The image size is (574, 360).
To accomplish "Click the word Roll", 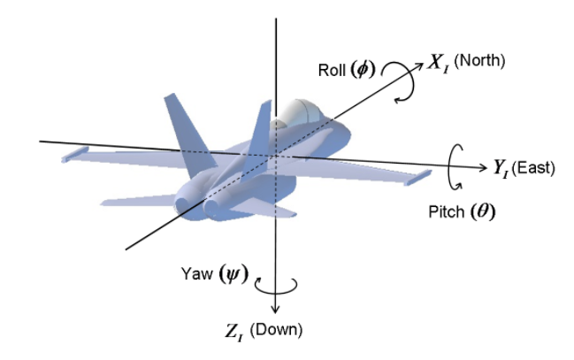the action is pos(332,70).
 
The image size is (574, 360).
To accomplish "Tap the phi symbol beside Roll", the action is pos(363,69).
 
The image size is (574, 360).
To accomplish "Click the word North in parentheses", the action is pos(479,60).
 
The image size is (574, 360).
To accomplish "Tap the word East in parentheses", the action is pos(533,168).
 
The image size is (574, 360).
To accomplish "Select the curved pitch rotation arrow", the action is pos(449,166).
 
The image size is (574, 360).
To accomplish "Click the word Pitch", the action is pos(447,211).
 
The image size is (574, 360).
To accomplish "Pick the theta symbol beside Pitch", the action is pos(483,211).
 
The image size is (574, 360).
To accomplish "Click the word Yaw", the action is pos(196,273).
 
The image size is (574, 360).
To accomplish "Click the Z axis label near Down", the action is pos(233,333).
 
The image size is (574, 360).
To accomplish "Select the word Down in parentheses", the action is pos(276,330).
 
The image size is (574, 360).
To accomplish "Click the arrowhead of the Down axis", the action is pos(275,309).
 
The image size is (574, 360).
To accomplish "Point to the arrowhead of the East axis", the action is pos(483,167).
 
